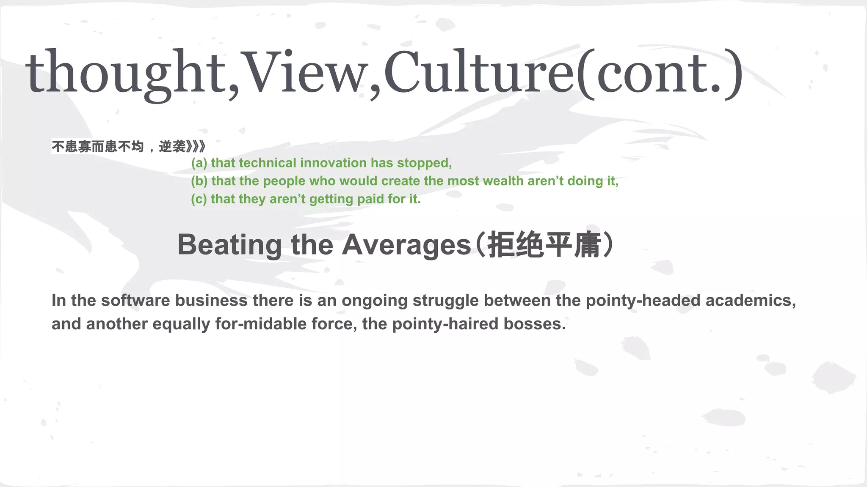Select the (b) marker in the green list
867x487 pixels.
pos(199,181)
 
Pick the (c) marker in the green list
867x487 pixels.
pos(199,199)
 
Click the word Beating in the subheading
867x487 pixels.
pos(229,245)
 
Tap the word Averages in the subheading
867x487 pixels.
pos(406,245)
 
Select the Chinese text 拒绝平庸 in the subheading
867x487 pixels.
pos(544,245)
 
